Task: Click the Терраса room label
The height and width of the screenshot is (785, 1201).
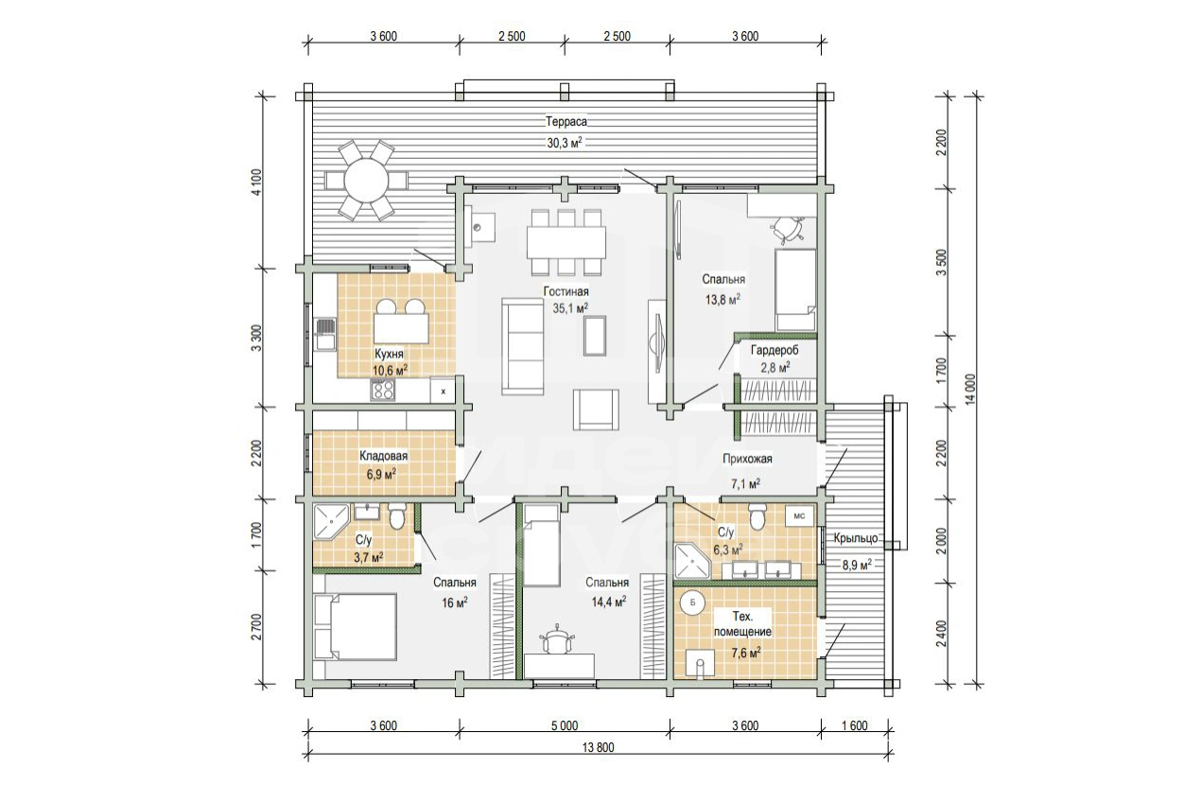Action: (x=566, y=122)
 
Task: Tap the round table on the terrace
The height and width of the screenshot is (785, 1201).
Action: (x=366, y=180)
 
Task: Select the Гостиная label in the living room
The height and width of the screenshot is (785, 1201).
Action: (x=566, y=291)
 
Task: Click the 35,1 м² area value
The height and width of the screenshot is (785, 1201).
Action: (x=570, y=307)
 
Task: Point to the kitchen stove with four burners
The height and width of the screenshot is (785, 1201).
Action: (x=383, y=390)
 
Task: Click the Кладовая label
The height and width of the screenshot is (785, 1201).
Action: (x=383, y=456)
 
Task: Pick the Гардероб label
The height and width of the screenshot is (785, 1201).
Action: (x=775, y=351)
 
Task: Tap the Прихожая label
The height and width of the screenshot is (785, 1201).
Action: (x=747, y=459)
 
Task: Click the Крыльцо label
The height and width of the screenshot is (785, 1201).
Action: (x=856, y=538)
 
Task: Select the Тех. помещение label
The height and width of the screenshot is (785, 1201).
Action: (x=742, y=625)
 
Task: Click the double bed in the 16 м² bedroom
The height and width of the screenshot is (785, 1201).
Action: (x=356, y=626)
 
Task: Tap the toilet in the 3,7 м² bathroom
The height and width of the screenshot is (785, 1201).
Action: (x=397, y=516)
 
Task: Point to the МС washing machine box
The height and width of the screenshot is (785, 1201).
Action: (x=799, y=516)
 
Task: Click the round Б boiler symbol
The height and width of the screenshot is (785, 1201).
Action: (x=692, y=602)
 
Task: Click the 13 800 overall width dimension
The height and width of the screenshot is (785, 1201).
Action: (x=598, y=748)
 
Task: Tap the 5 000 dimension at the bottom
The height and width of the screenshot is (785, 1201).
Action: (x=564, y=726)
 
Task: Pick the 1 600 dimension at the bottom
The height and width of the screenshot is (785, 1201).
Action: (x=855, y=726)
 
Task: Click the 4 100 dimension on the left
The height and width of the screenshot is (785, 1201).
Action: (x=257, y=183)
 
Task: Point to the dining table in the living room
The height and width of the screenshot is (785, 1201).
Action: (x=566, y=242)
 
